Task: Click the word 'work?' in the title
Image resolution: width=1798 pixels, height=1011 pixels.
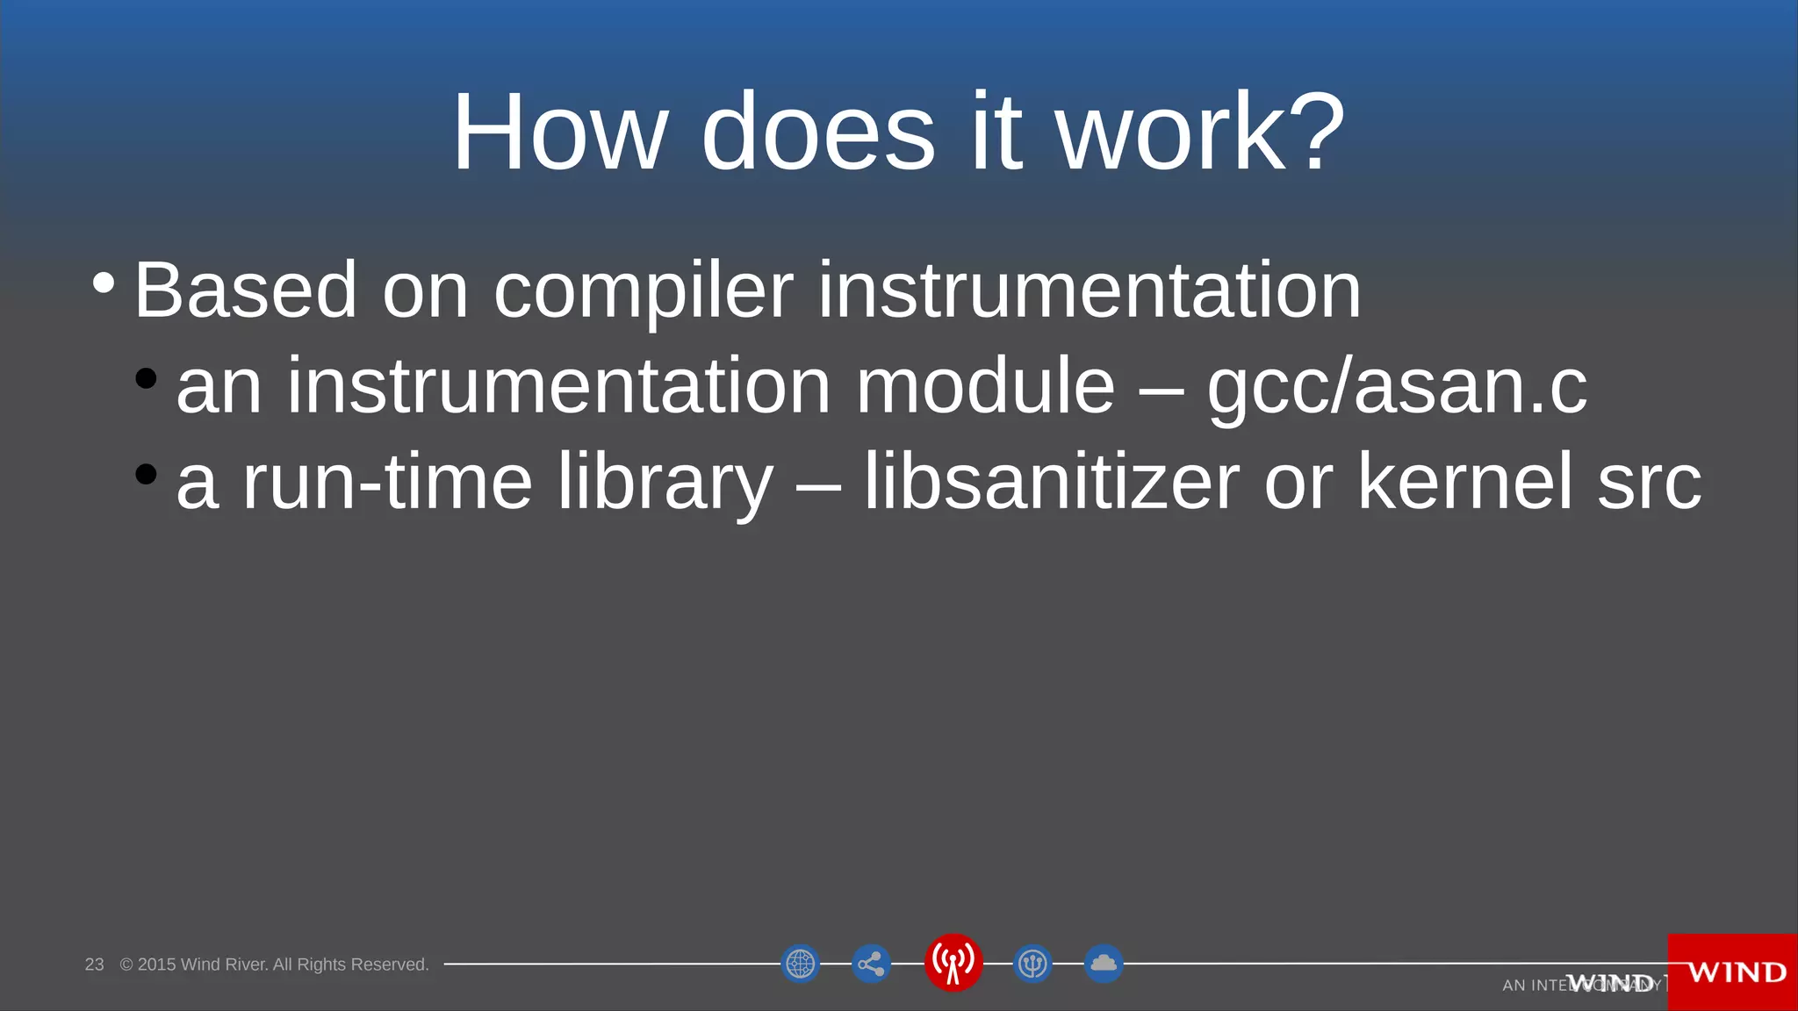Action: (x=1200, y=133)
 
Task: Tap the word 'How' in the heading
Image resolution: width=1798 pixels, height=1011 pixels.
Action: (x=559, y=133)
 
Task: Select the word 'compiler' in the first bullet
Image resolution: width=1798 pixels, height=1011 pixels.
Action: (x=644, y=291)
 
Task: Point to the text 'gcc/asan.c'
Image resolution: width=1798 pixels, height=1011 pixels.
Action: (x=1397, y=387)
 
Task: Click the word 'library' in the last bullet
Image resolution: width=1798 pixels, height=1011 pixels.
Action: (x=665, y=483)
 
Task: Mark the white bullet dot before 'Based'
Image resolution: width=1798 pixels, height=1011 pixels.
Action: (x=104, y=283)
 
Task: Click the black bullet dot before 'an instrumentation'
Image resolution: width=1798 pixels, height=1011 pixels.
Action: (x=147, y=378)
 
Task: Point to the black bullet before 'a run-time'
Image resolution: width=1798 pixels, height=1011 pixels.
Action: (x=147, y=474)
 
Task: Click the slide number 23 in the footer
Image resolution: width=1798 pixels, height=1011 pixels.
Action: (x=94, y=964)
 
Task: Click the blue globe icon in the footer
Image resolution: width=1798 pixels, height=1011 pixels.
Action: (x=800, y=964)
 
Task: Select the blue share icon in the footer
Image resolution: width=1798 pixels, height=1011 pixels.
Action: (x=871, y=964)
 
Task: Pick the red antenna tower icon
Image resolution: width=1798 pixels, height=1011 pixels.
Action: (x=953, y=963)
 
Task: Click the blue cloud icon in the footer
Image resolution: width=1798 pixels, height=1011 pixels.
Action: (x=1104, y=964)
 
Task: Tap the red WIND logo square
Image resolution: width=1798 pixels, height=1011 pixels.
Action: (x=1733, y=972)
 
